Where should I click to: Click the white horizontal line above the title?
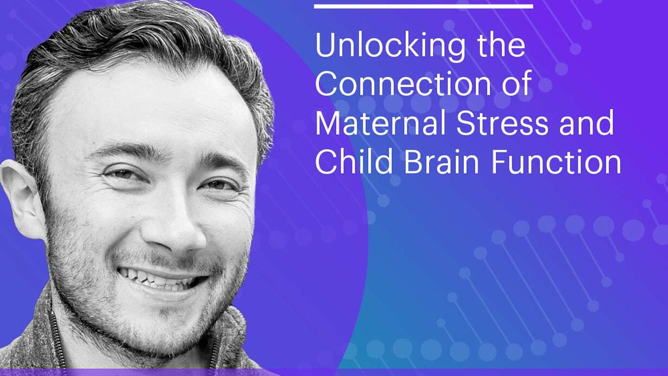tap(424, 6)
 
